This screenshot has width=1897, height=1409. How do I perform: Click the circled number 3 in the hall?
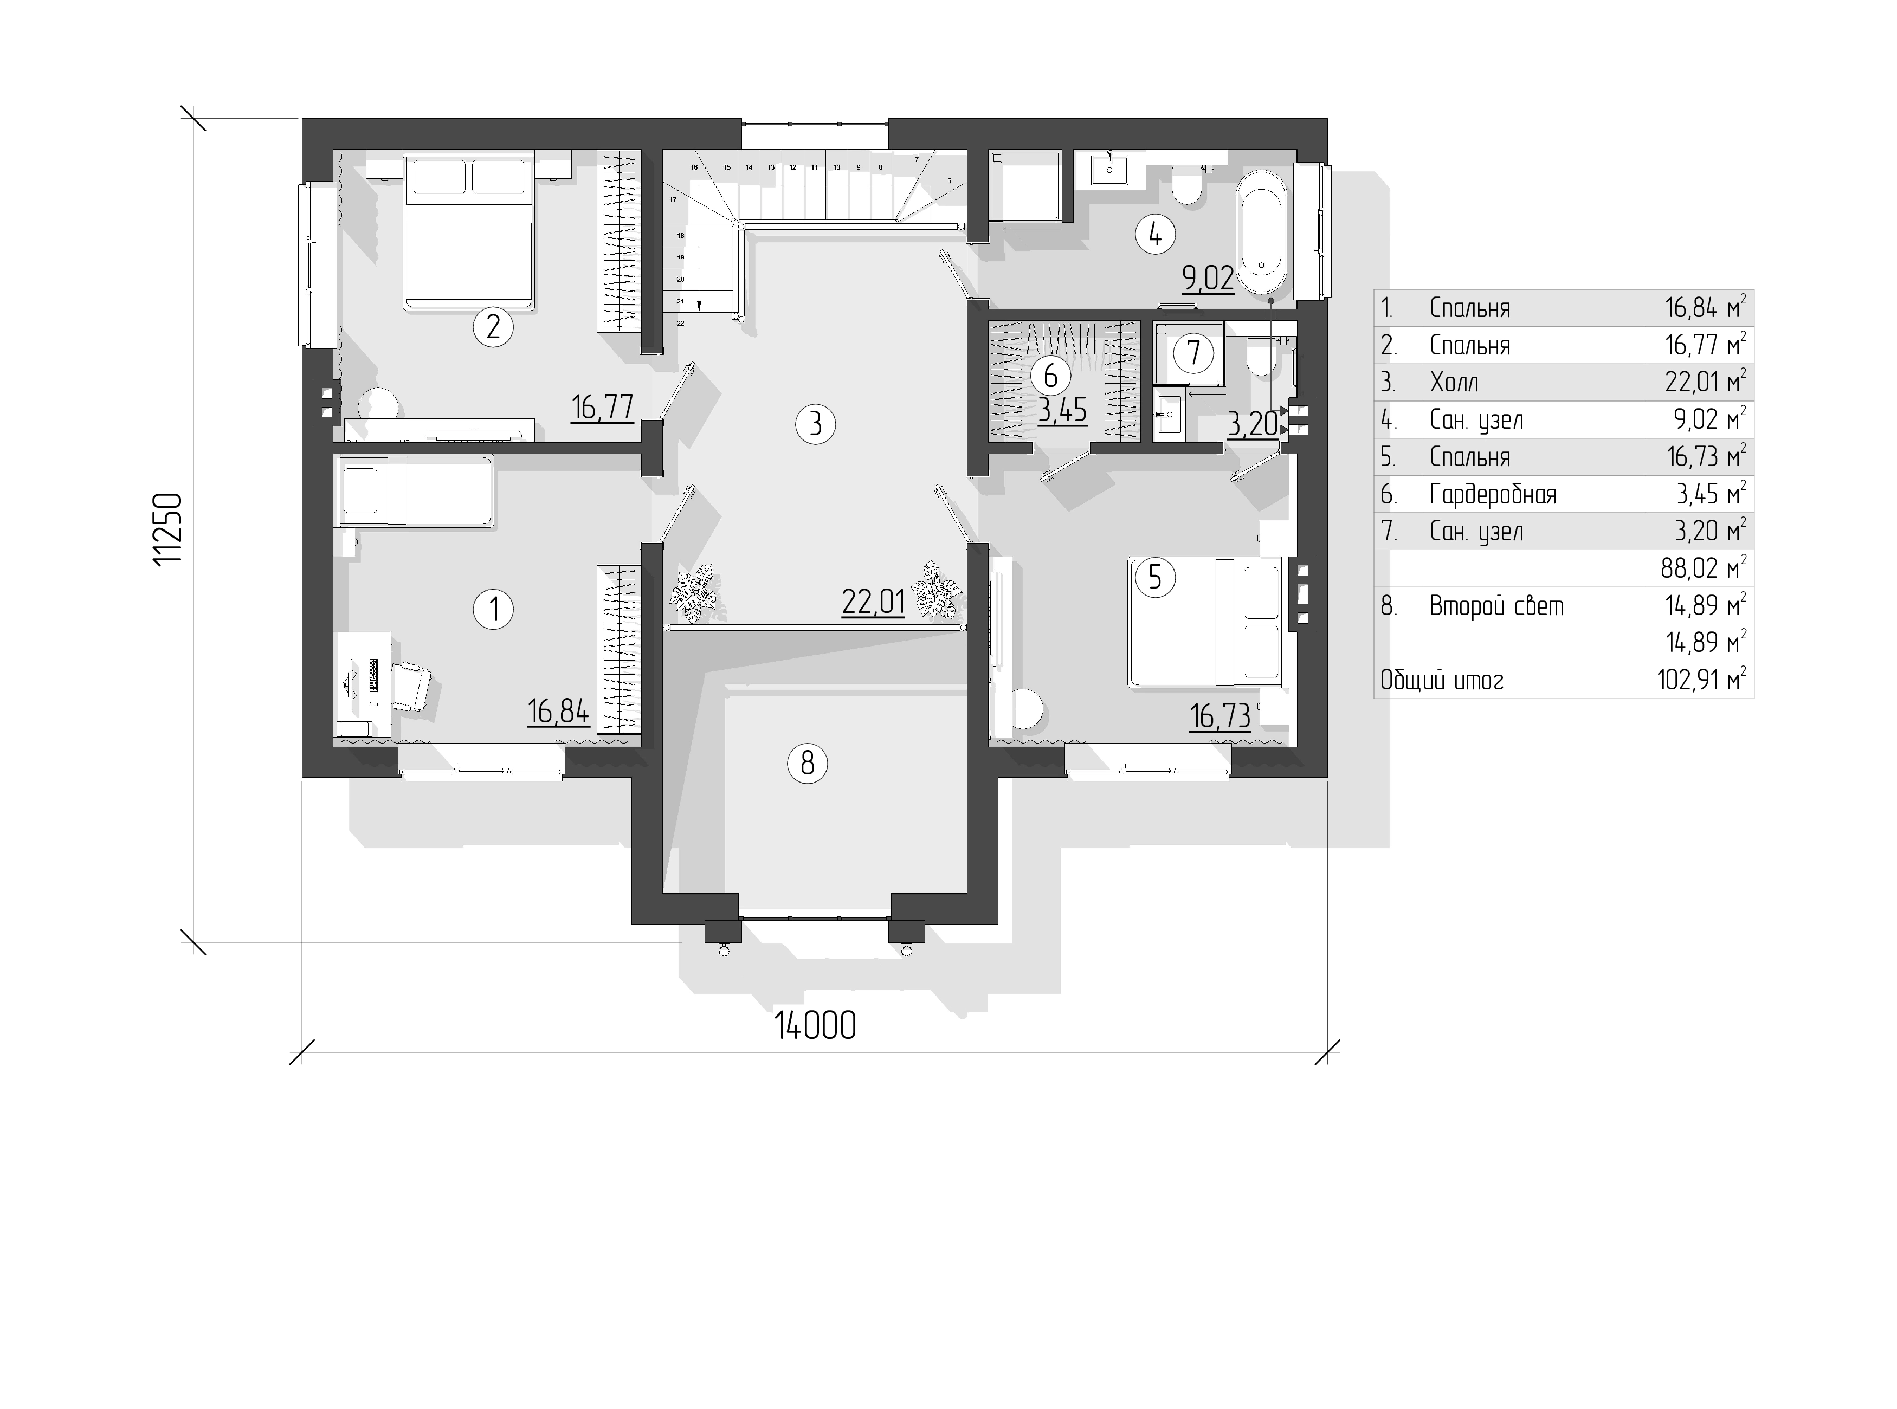815,423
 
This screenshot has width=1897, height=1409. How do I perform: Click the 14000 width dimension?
815,1026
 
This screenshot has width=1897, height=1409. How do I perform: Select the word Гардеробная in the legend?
1493,495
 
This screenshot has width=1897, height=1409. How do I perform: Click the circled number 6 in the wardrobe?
1050,375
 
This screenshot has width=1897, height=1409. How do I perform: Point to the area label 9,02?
1208,278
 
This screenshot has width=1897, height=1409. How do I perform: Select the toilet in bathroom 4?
1186,188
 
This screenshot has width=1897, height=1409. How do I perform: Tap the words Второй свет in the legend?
1497,606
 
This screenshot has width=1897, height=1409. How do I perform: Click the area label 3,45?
1063,410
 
